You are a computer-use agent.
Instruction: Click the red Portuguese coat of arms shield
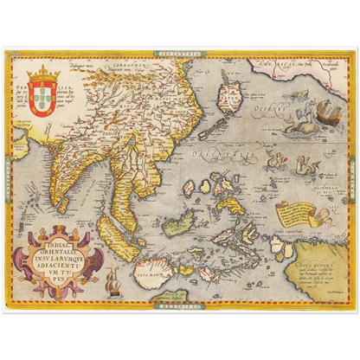43,96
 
